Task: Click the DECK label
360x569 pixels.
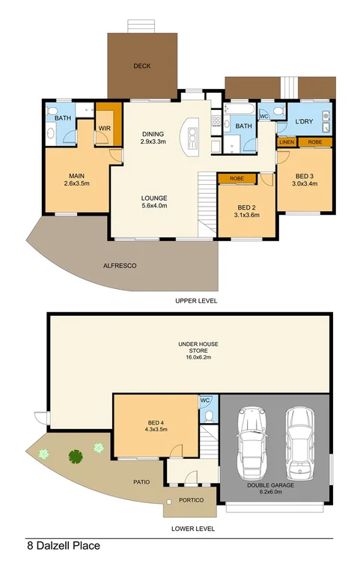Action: (142, 66)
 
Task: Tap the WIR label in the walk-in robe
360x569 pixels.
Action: (104, 128)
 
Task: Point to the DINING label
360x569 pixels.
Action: (153, 135)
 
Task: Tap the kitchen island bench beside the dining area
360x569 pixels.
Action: (192, 136)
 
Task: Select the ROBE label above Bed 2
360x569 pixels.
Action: (237, 179)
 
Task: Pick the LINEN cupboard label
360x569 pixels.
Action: (287, 142)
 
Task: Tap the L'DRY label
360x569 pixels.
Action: (303, 121)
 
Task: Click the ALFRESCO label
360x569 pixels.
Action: (119, 266)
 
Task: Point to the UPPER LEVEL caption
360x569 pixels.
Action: (196, 301)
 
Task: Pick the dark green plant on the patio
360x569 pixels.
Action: (75, 455)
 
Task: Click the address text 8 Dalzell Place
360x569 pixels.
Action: (63, 546)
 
